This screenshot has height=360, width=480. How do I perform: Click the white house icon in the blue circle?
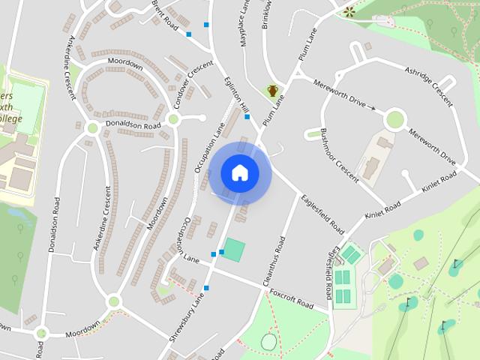coord(240,172)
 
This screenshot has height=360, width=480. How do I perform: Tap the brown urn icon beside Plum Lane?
coord(273,91)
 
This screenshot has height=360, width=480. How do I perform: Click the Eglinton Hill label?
coord(235,98)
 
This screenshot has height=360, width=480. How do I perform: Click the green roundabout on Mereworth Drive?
coord(394,118)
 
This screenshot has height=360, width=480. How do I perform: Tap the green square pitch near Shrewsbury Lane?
coord(234,250)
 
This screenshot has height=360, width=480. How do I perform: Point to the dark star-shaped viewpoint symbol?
coord(349,11)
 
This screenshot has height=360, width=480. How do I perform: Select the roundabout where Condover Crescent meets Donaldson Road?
coord(173,118)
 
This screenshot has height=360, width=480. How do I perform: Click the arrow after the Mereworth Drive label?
coord(370,108)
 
